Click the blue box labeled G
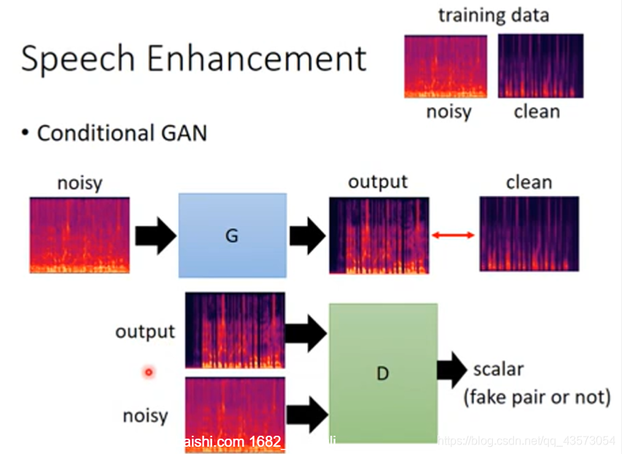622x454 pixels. [x=232, y=235]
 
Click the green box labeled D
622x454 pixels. [x=383, y=373]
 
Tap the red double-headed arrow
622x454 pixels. [x=453, y=235]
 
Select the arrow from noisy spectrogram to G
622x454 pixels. [x=155, y=235]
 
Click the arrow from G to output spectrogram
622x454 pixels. [x=308, y=235]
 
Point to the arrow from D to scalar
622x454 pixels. [x=452, y=370]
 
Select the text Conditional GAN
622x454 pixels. [x=122, y=134]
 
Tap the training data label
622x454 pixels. [x=492, y=15]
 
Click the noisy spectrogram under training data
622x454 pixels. [x=445, y=66]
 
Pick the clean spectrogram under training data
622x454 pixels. [x=540, y=66]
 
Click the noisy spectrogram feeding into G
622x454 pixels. [x=79, y=235]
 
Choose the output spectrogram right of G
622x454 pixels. [x=378, y=235]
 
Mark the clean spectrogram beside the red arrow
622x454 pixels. [x=529, y=234]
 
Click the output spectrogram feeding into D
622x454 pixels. [x=235, y=330]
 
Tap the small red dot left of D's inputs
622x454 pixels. [x=148, y=373]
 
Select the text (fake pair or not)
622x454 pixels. [x=537, y=396]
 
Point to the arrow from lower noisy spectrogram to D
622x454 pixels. [x=306, y=415]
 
